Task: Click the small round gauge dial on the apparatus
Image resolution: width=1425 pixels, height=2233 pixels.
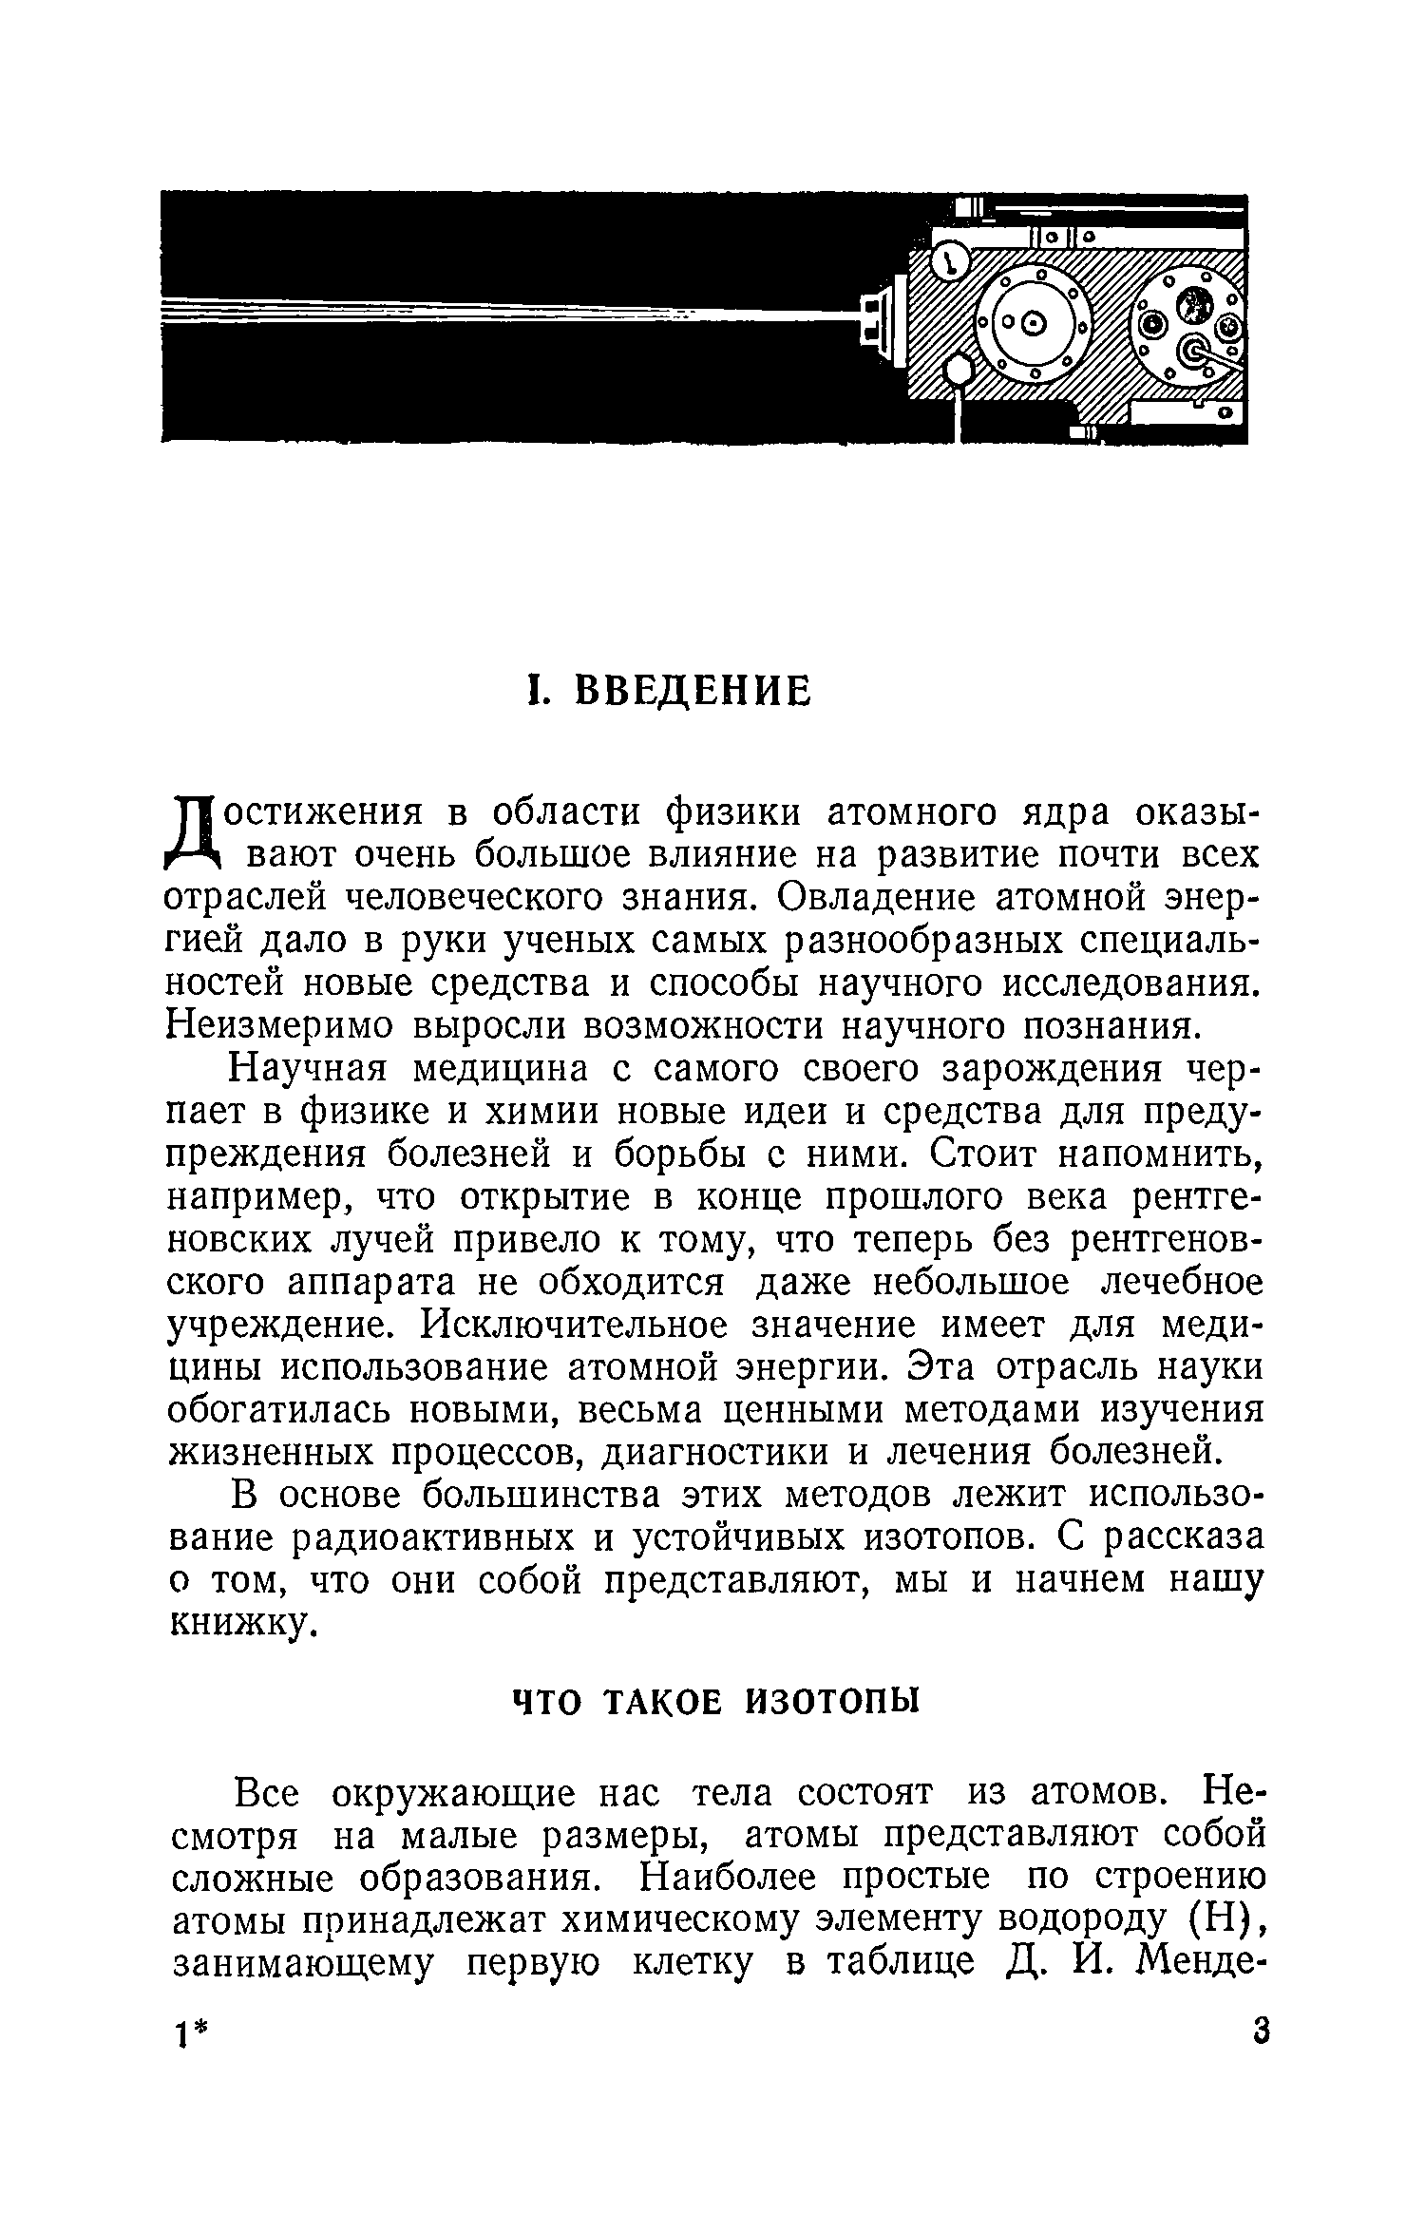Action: (948, 262)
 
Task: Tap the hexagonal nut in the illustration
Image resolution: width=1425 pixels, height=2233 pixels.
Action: (959, 369)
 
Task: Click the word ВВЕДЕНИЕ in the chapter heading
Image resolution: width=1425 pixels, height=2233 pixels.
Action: (695, 691)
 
